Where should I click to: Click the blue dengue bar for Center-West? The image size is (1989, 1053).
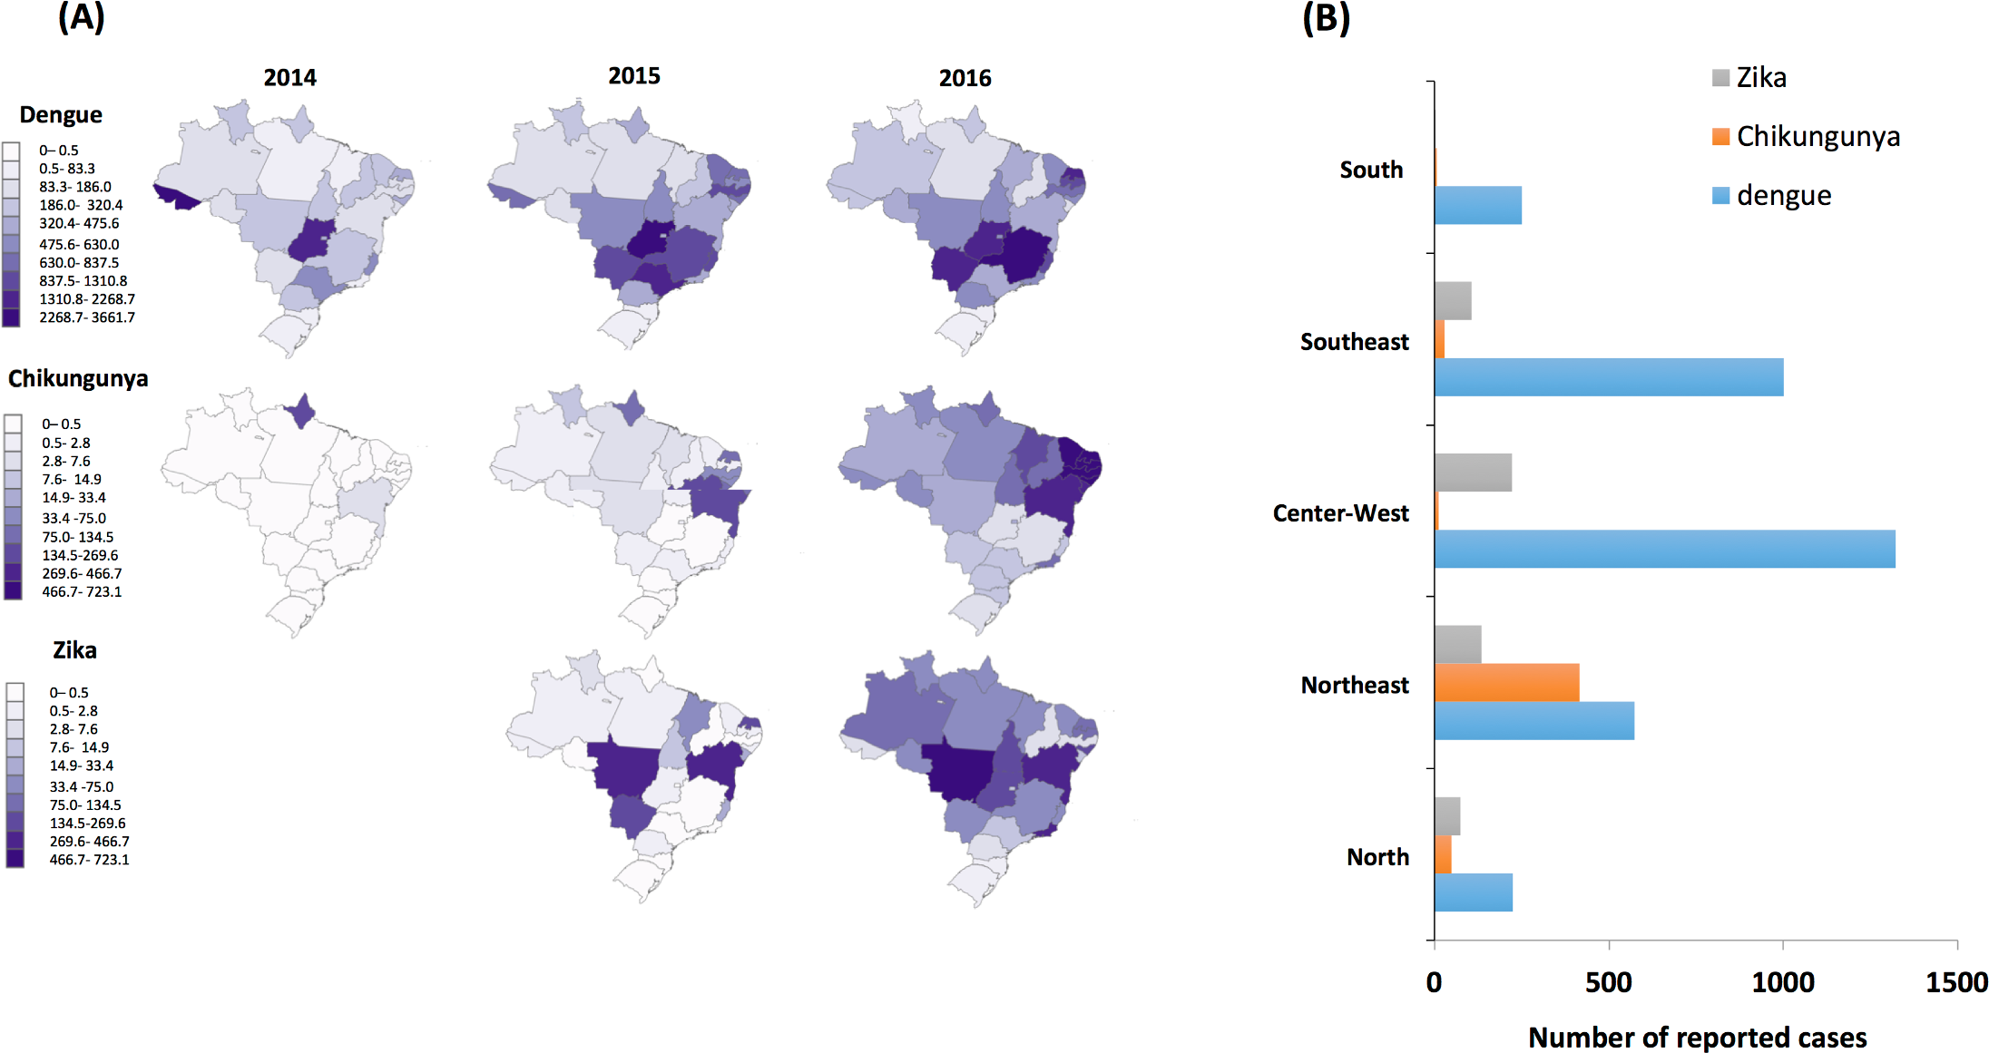[1664, 549]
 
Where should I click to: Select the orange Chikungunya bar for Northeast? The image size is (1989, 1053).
[1506, 682]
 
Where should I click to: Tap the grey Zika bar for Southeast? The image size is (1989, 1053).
[1453, 301]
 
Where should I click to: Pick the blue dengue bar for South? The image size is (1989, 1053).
[1478, 205]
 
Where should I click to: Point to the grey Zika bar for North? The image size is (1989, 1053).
[1447, 816]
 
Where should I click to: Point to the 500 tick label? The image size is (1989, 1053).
[1609, 982]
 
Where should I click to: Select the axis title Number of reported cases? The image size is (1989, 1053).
[1697, 1037]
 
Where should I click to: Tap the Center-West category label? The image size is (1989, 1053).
[1340, 513]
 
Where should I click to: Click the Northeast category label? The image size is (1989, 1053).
[1355, 685]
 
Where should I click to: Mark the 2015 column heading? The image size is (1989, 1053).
[634, 76]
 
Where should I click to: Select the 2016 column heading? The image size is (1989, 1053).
[965, 78]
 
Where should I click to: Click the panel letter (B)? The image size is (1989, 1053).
[1326, 18]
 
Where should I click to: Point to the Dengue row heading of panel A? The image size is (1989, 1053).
[61, 115]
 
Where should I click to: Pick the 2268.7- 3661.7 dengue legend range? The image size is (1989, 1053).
[86, 317]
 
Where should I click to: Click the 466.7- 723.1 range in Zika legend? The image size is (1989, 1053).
[89, 860]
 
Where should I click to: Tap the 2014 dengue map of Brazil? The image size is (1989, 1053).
[290, 227]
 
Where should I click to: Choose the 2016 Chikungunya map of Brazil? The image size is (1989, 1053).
[971, 508]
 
